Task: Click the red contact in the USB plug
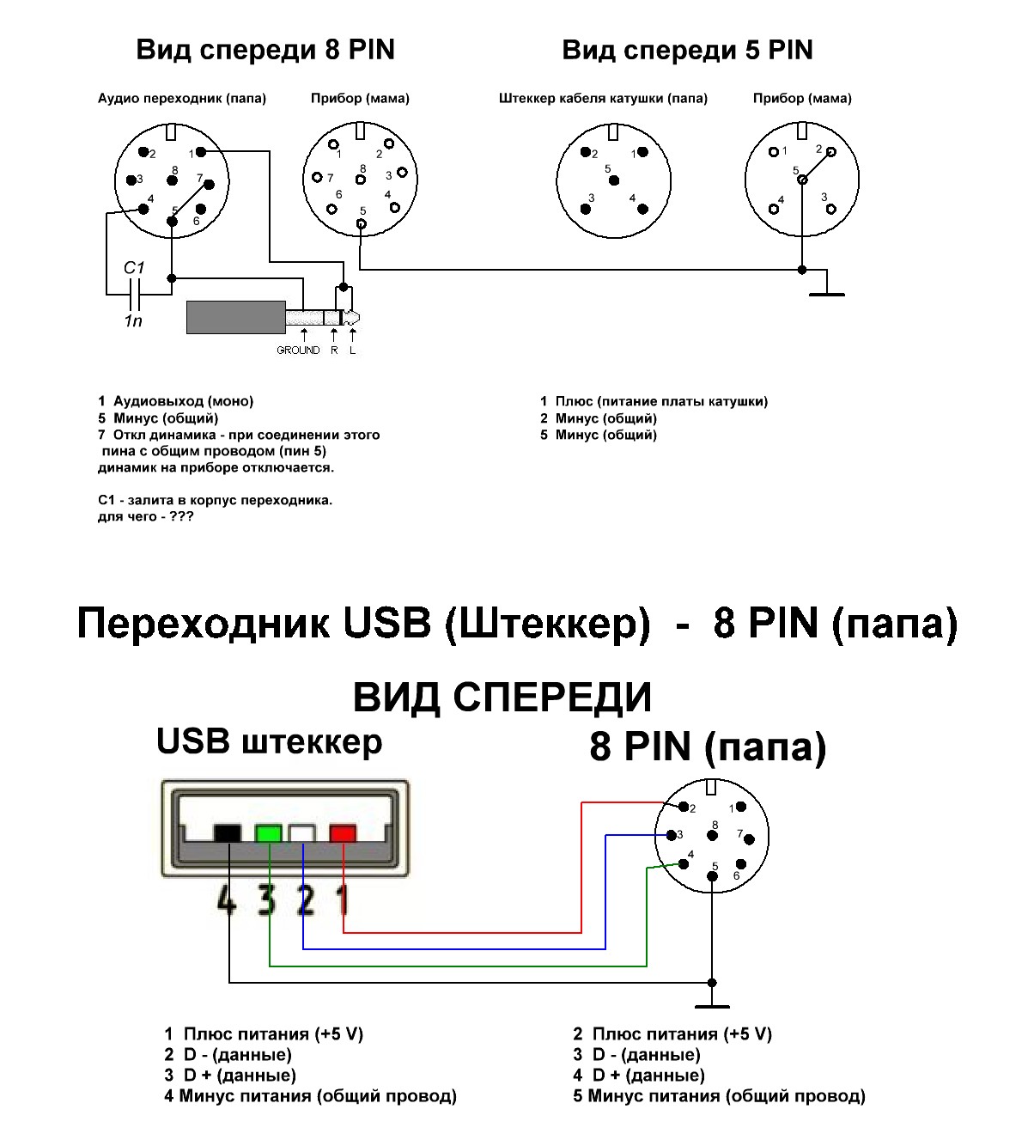pos(343,832)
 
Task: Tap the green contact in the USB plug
pos(269,832)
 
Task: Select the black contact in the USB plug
pos(228,832)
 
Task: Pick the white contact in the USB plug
pos(302,832)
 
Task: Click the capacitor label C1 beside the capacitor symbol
pos(134,268)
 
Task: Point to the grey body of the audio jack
pos(236,317)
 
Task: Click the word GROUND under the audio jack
pos(298,351)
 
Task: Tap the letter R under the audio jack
pos(334,351)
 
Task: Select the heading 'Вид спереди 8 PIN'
pos(265,50)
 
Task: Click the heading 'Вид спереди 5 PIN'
pos(687,50)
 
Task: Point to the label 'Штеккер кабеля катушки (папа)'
pos(603,99)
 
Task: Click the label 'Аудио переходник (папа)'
pos(182,99)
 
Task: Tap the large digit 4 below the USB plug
pos(227,899)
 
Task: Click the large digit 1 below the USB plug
pos(343,899)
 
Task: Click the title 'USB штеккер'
pos(269,741)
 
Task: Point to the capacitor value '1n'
pos(133,321)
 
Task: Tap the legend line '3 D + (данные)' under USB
pos(230,1076)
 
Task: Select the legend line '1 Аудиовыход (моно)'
pos(176,401)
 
